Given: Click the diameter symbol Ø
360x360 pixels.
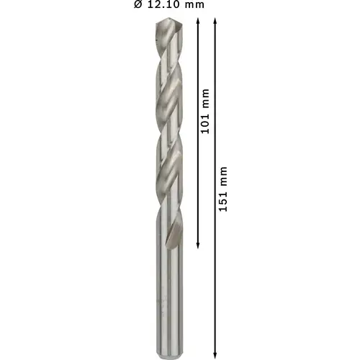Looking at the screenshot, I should (x=138, y=5).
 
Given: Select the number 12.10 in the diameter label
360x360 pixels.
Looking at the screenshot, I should (x=163, y=5).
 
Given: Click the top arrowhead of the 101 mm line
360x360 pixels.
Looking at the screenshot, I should (x=196, y=23).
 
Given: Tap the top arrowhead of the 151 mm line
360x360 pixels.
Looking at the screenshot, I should (x=215, y=23).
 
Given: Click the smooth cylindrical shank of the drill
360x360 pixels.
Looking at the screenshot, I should (x=168, y=295).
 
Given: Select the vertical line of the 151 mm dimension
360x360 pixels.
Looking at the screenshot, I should (x=215, y=274).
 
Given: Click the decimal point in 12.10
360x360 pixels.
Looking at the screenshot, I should (x=162, y=7).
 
